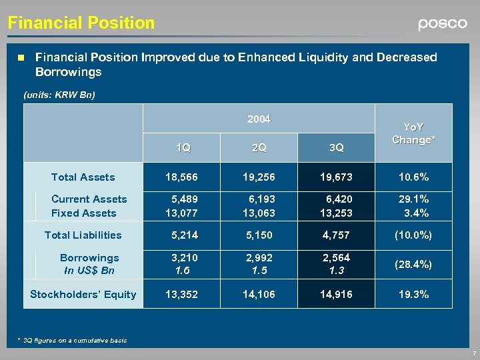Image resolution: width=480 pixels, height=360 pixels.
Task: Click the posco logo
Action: [x=443, y=24]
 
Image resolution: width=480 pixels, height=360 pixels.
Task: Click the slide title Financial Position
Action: [x=81, y=23]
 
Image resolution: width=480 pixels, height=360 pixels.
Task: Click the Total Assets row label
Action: [x=83, y=177]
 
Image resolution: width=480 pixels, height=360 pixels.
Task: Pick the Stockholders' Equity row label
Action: [x=83, y=295]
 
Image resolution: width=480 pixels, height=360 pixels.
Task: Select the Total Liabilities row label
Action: [x=83, y=235]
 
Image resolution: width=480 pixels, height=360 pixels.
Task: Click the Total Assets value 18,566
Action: [x=181, y=177]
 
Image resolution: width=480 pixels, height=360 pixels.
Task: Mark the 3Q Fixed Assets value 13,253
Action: [x=336, y=213]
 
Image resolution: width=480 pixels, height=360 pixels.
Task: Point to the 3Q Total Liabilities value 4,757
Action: [x=336, y=235]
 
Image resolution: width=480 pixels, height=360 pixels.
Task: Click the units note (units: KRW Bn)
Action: [x=59, y=95]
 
